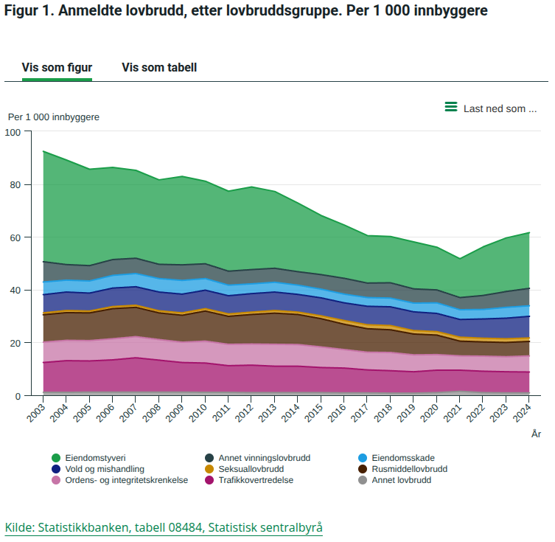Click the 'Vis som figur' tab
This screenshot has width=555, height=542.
(x=57, y=67)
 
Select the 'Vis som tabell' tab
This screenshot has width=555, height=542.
(x=159, y=67)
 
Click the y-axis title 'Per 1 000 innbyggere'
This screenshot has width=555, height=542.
(x=54, y=117)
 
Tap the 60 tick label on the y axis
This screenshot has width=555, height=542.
(x=16, y=237)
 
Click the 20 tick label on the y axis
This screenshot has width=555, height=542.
(x=16, y=343)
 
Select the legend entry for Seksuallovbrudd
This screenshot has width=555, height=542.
(x=251, y=469)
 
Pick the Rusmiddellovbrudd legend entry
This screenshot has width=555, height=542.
(x=409, y=469)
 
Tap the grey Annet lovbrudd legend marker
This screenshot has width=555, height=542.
(x=363, y=480)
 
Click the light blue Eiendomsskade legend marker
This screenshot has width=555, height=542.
(x=363, y=458)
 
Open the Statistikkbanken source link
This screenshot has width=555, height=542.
(x=164, y=527)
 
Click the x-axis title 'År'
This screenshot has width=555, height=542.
(x=536, y=434)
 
